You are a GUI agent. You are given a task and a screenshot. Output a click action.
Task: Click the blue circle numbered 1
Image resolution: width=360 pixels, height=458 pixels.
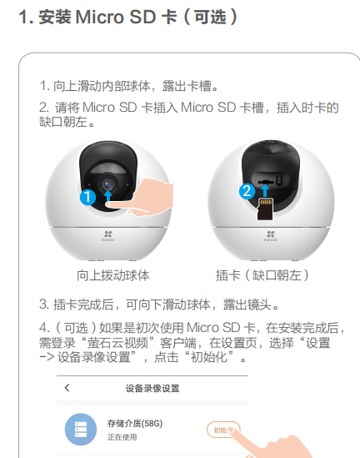(x=87, y=197)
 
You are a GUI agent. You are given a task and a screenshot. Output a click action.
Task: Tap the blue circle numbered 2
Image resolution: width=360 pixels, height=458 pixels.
(x=247, y=191)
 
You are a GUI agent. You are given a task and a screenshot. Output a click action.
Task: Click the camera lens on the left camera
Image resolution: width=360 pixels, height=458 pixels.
(x=107, y=184)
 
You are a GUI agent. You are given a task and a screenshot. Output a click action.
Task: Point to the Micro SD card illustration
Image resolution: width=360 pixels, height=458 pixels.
(x=265, y=209)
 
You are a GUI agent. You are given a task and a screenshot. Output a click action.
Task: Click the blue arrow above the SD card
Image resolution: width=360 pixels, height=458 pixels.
(x=265, y=190)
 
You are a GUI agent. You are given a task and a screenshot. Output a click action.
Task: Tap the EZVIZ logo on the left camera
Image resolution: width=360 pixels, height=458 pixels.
(x=108, y=236)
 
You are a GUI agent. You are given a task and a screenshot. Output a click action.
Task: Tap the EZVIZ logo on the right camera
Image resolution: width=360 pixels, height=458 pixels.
(x=271, y=236)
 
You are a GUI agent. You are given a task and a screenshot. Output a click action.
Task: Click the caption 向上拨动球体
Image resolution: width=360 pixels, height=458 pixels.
(x=113, y=275)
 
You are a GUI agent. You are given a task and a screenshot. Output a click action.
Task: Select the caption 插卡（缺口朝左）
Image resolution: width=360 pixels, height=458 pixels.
(x=262, y=275)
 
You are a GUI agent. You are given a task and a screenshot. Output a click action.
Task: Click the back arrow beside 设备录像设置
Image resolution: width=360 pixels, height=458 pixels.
(x=67, y=388)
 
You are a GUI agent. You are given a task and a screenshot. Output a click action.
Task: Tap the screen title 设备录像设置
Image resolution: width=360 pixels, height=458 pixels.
(x=152, y=389)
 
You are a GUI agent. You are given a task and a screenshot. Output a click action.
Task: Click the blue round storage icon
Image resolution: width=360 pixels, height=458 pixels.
(x=81, y=429)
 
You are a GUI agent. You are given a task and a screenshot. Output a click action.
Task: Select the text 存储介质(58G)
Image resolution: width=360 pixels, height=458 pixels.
(x=135, y=423)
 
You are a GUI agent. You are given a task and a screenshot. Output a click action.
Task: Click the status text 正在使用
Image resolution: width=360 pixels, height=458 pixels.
(x=122, y=437)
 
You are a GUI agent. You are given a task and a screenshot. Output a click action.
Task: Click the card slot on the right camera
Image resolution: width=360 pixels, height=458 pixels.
(x=266, y=182)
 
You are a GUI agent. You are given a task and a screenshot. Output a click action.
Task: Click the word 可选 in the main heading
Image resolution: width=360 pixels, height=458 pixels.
(x=210, y=17)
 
